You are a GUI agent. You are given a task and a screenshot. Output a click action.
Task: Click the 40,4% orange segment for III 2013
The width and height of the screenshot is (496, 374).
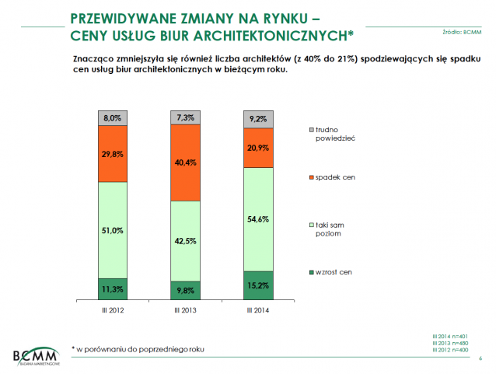[186, 163]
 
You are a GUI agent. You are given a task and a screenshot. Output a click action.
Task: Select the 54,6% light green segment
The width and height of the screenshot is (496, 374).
[258, 219]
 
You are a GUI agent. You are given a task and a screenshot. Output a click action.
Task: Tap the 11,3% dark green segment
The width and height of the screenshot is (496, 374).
[113, 288]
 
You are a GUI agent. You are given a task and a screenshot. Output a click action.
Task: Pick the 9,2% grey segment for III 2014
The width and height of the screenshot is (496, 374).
[258, 119]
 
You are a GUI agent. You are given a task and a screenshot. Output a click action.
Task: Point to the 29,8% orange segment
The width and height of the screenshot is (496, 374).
[113, 154]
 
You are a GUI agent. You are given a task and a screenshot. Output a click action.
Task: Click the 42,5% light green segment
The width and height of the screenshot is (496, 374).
[186, 240]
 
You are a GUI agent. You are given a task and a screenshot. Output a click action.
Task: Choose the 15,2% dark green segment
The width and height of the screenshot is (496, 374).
[258, 285]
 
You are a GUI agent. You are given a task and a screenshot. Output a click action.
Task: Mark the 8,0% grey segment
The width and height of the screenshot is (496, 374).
[113, 117]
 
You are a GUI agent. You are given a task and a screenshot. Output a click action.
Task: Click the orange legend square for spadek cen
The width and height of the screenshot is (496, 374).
[311, 178]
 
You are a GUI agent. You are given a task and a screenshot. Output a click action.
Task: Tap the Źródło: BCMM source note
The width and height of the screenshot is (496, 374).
[461, 32]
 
